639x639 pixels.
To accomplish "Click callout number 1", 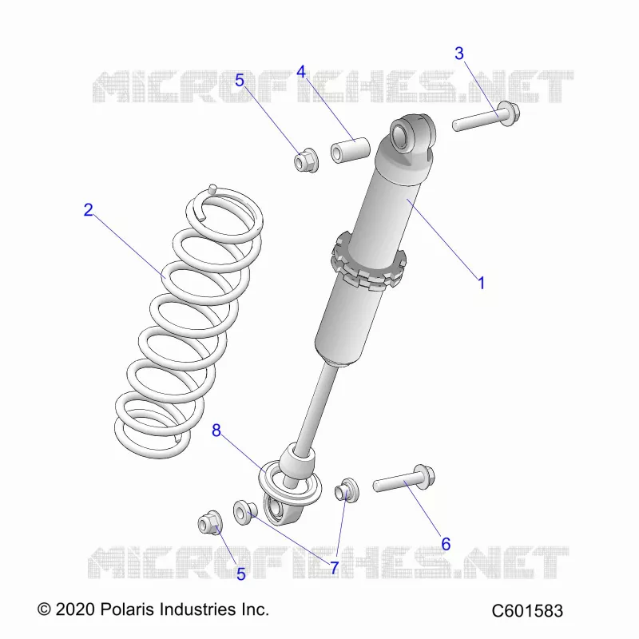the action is (x=482, y=283).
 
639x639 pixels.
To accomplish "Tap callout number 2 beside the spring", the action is (x=88, y=210).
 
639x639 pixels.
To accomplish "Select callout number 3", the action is (x=459, y=54).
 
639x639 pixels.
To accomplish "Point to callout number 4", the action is (x=301, y=72).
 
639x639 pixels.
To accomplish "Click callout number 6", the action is (x=446, y=544).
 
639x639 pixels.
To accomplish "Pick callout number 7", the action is (x=334, y=567).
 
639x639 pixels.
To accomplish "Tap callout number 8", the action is (x=216, y=431).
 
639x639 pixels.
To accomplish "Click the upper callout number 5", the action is (x=240, y=81).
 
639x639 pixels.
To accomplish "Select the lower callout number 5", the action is (x=241, y=574).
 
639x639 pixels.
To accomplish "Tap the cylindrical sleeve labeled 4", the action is (x=350, y=150).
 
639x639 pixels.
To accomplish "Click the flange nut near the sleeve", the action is (x=306, y=161).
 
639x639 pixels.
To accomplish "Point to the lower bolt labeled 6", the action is (x=404, y=480).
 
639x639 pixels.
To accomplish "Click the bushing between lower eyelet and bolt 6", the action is (x=347, y=490).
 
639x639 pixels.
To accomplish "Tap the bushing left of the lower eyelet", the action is (x=245, y=512).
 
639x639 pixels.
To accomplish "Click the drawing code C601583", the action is (x=527, y=611).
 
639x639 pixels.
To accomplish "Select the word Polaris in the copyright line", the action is (x=127, y=609).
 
